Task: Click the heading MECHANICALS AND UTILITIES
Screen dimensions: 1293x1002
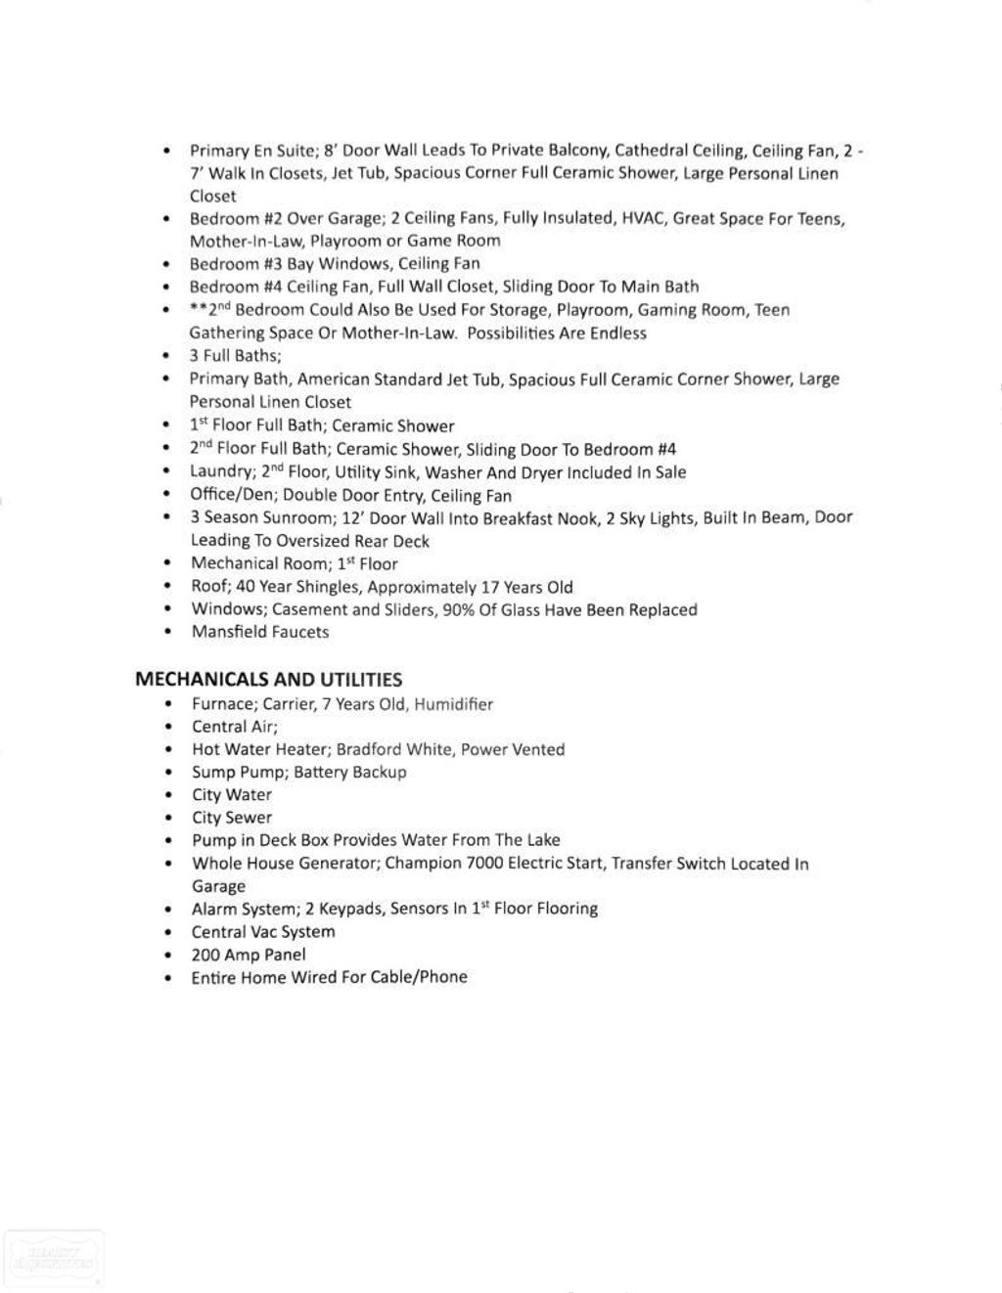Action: [268, 680]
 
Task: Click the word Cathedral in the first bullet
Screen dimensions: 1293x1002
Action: [651, 151]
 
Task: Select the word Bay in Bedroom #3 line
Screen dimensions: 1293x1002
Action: [302, 264]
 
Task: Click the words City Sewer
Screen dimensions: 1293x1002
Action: [232, 818]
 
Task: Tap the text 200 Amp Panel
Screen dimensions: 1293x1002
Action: [249, 955]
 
